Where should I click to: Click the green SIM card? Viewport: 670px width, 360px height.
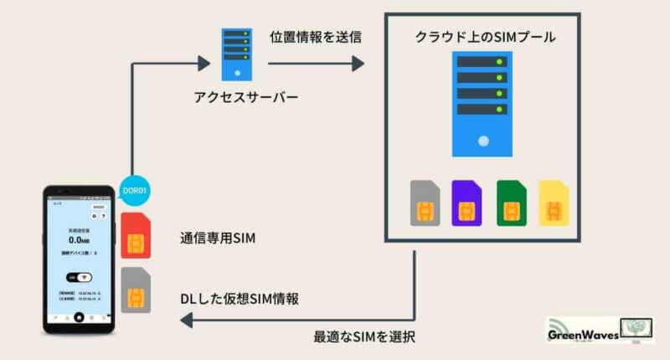click(512, 203)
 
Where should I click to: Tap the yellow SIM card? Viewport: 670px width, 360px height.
click(554, 203)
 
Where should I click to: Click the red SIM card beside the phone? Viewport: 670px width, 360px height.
click(136, 236)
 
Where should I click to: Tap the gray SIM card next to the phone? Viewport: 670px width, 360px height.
click(136, 290)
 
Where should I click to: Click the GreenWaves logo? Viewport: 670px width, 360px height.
click(595, 331)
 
